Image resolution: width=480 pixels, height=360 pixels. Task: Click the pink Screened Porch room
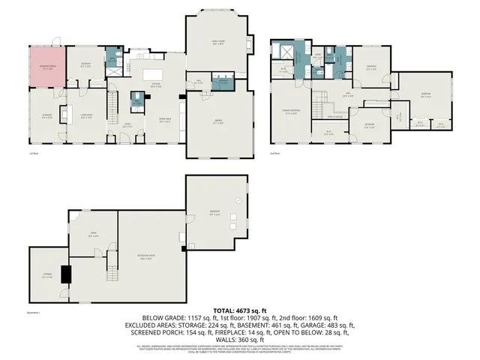pyautogui.click(x=46, y=68)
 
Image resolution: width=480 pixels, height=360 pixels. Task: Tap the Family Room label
pyautogui.click(x=218, y=43)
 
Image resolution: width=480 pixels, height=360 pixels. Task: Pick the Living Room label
pyautogui.click(x=85, y=116)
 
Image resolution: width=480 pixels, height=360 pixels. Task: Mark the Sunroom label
pyautogui.click(x=46, y=116)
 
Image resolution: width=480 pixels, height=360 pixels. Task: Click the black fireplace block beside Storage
pyautogui.click(x=65, y=274)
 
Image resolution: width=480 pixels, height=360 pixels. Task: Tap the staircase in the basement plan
pyautogui.click(x=113, y=262)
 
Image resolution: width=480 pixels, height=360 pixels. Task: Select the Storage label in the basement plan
pyautogui.click(x=46, y=275)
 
